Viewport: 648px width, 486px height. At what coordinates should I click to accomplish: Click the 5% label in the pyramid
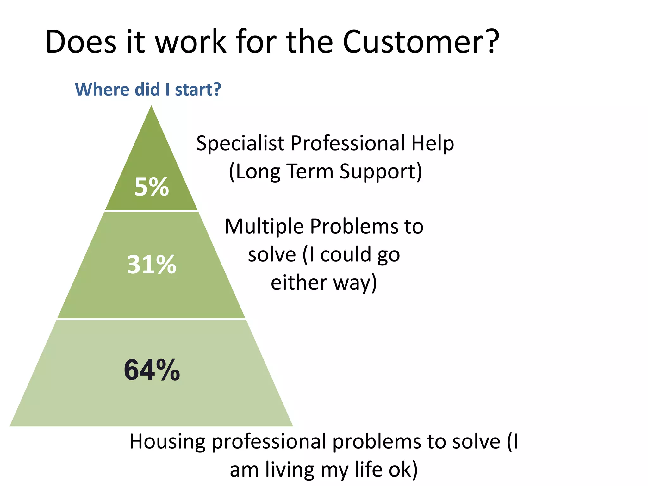(152, 187)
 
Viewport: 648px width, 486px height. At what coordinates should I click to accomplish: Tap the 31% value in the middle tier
(152, 265)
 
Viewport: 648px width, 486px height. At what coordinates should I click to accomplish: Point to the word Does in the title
(81, 42)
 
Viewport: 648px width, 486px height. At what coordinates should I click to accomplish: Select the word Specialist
(240, 143)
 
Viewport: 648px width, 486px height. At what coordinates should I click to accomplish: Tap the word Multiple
(264, 227)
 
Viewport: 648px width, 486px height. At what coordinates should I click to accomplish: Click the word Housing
(167, 442)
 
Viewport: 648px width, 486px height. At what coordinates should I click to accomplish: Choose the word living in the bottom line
(290, 470)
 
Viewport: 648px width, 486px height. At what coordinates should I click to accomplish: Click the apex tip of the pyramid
(152, 107)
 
